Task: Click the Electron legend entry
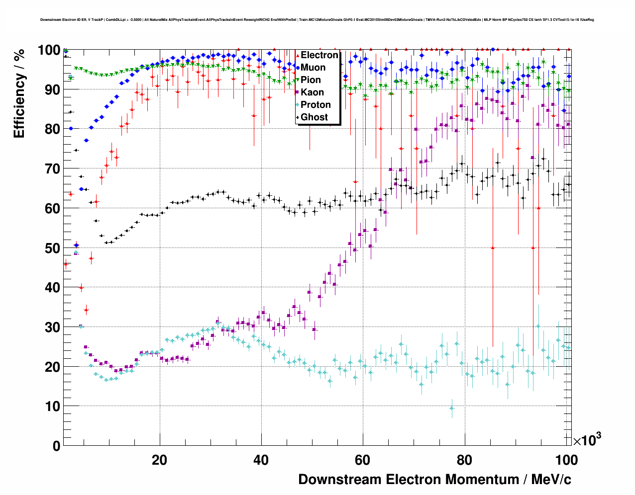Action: click(x=319, y=55)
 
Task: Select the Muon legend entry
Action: click(x=313, y=68)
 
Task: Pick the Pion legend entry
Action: click(x=311, y=80)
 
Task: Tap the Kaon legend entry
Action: click(x=312, y=92)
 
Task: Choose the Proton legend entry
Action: click(x=316, y=105)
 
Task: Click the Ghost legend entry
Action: click(x=314, y=117)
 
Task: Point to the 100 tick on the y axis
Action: click(x=49, y=50)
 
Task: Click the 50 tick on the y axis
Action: click(x=53, y=248)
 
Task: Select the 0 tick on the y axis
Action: click(x=56, y=446)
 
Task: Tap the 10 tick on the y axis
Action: click(x=53, y=407)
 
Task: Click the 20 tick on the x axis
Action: click(x=159, y=460)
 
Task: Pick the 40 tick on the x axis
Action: click(x=261, y=460)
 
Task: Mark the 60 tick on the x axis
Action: click(x=363, y=460)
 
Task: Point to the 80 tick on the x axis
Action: click(x=464, y=460)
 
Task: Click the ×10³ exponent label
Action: click(x=587, y=440)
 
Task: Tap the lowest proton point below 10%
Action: click(x=452, y=408)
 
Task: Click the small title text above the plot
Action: click(x=317, y=20)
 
